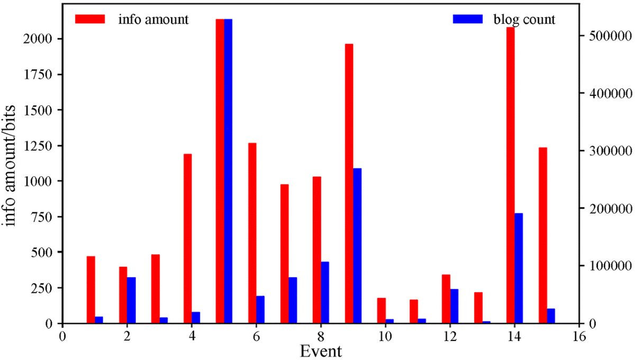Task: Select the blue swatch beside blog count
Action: [x=468, y=19]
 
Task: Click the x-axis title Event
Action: [x=321, y=351]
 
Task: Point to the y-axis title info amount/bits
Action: [x=15, y=166]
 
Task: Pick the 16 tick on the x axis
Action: [x=579, y=337]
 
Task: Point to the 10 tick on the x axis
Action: [x=385, y=337]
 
